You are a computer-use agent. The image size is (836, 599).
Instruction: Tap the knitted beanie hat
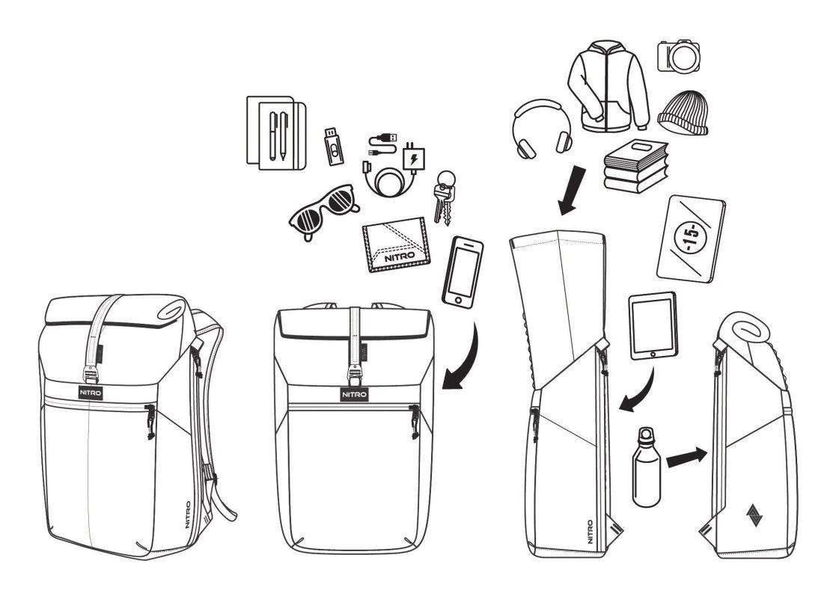[683, 113]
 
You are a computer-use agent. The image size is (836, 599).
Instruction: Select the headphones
[542, 129]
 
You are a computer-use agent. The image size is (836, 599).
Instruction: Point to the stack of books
[635, 166]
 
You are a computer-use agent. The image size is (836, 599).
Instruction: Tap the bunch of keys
[444, 197]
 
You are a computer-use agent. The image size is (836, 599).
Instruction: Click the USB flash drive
[334, 146]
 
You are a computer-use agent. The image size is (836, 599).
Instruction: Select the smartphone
[463, 271]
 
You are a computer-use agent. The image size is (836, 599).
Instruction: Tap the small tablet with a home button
[653, 325]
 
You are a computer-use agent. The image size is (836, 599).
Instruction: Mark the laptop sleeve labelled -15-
[691, 239]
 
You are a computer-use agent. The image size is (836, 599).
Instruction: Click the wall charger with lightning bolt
[415, 158]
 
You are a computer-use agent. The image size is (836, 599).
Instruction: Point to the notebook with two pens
[276, 132]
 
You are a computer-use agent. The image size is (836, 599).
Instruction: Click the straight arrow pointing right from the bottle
[687, 456]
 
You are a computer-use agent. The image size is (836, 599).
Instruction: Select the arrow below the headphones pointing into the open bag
[572, 191]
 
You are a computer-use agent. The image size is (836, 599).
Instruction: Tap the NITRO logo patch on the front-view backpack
[355, 394]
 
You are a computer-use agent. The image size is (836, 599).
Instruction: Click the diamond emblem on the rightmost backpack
[754, 514]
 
